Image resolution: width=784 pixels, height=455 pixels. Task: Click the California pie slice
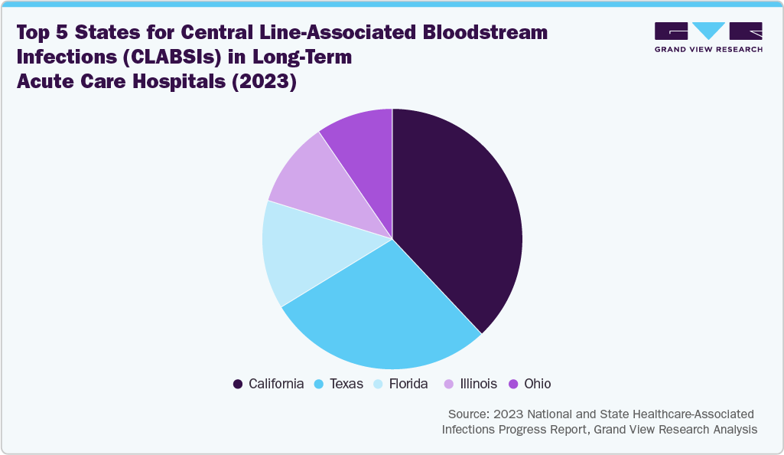(459, 222)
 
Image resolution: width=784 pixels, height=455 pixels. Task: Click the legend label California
(276, 384)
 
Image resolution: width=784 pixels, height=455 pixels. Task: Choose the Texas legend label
(346, 384)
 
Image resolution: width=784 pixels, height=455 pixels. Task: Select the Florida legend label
(408, 384)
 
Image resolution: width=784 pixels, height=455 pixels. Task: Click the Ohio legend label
(536, 384)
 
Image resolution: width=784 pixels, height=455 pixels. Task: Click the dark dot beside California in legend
(238, 384)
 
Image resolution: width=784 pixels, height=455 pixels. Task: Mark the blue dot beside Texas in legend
(319, 384)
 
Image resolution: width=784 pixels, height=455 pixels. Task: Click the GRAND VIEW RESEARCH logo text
(708, 49)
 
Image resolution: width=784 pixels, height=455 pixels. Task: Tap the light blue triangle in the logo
(708, 30)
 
